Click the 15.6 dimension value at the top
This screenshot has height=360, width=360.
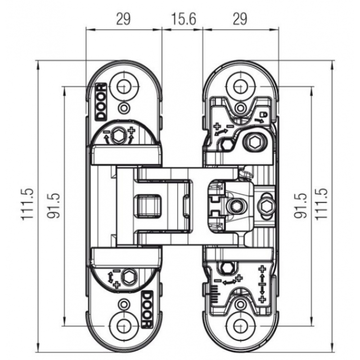[182, 19]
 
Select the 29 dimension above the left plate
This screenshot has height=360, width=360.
[123, 19]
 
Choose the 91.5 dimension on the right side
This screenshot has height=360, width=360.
[301, 205]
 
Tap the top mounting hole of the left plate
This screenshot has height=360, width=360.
[123, 85]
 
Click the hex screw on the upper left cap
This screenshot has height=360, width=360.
[119, 135]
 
